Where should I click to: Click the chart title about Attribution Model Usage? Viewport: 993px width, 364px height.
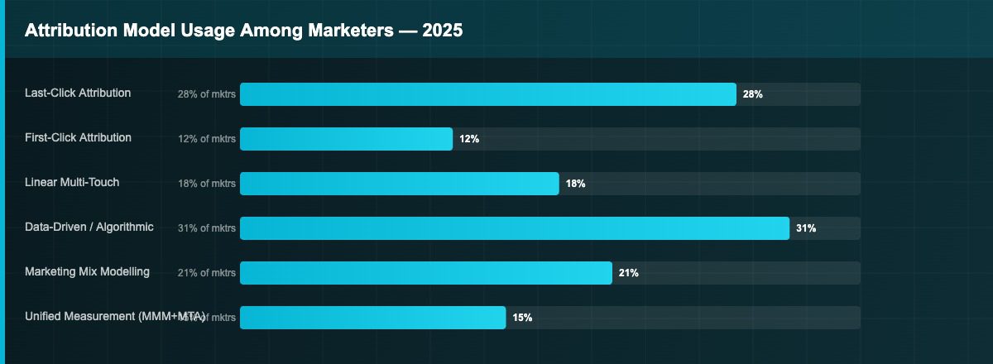coord(243,31)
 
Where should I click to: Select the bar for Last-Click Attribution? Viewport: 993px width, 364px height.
coord(487,94)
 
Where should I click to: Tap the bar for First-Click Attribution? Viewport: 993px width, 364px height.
coord(346,139)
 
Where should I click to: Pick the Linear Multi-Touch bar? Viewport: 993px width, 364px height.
coord(399,184)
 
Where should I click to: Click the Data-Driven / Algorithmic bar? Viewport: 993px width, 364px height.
coord(514,228)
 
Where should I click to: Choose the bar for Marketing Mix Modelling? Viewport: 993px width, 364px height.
coord(425,273)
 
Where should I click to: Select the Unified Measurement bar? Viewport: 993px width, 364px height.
coord(372,318)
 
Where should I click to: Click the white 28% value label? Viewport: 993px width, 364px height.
coord(752,94)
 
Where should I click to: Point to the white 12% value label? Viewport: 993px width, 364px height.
coord(469,139)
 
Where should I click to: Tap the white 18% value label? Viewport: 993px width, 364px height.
coord(575,184)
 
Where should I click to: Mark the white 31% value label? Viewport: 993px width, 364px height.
coord(806,228)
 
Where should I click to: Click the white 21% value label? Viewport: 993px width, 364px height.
coord(628,273)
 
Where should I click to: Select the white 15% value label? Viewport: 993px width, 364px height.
coord(522,318)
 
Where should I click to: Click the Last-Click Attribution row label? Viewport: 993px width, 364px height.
coord(78,93)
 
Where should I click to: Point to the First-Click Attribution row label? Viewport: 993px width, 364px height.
coord(78,137)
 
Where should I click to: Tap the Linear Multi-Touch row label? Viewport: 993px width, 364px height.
coord(72,182)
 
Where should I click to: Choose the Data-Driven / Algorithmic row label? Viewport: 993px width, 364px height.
coord(89,227)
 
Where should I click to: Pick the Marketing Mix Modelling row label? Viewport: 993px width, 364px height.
coord(87,271)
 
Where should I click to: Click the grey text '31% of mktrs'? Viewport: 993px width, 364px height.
coord(206,228)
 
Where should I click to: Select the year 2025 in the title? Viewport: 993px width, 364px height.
coord(443,31)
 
